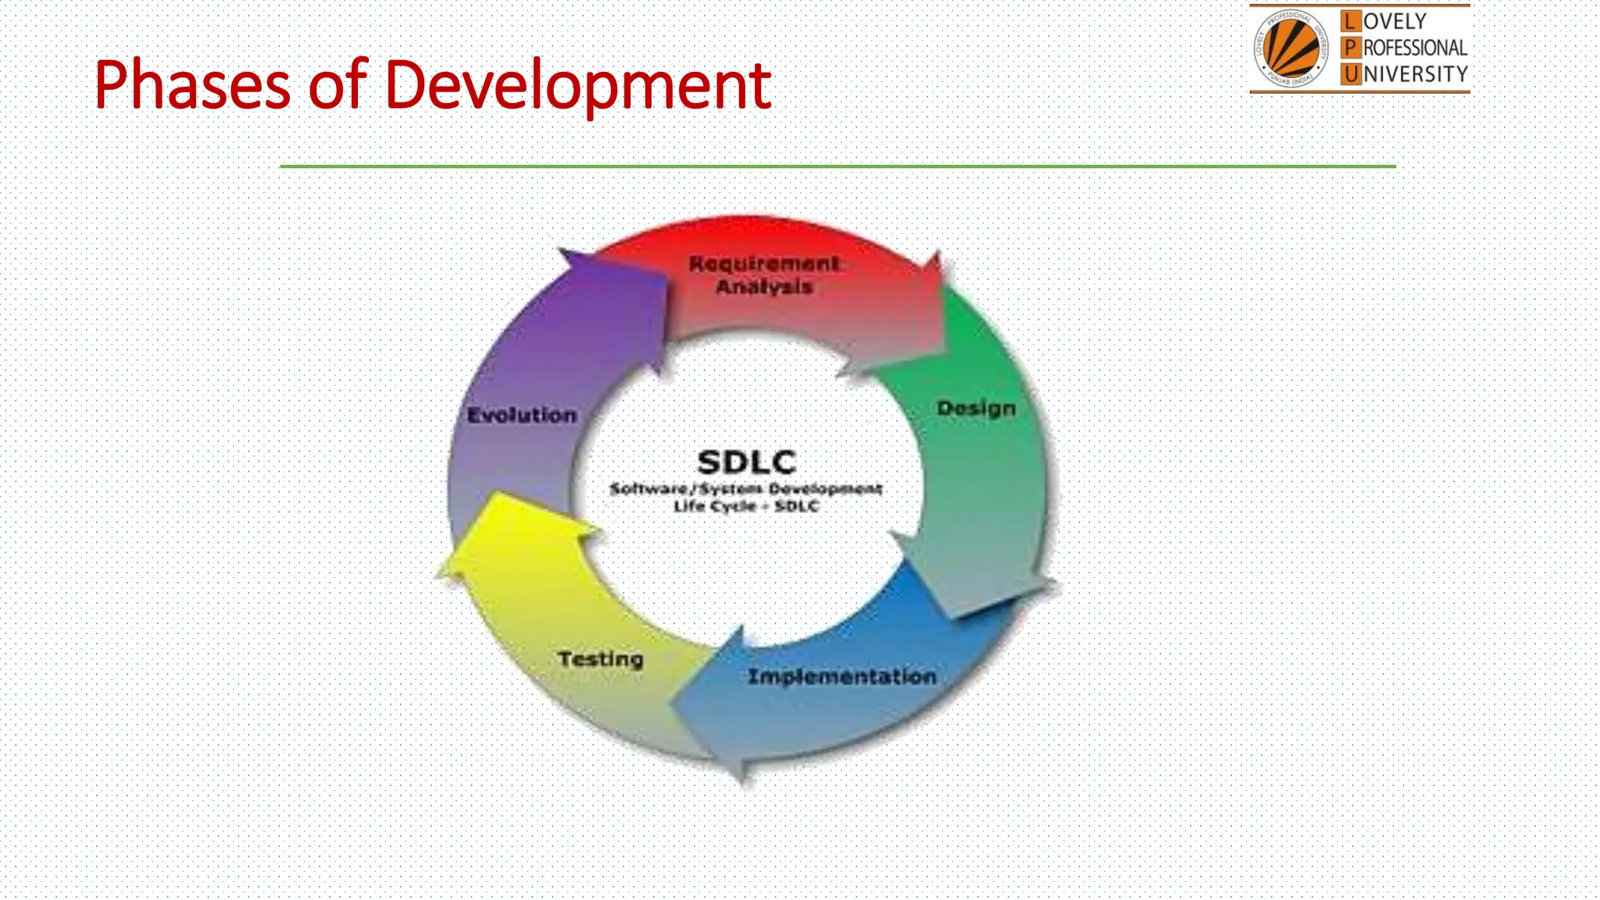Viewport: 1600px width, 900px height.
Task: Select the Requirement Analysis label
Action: pyautogui.click(x=764, y=275)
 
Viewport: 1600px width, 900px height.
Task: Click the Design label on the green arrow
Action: pyautogui.click(x=976, y=409)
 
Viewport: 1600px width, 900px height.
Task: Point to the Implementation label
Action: pyautogui.click(x=841, y=677)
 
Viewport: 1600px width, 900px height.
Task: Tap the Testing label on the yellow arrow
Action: pyautogui.click(x=600, y=659)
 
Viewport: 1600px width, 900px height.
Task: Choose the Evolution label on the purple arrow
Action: pyautogui.click(x=522, y=416)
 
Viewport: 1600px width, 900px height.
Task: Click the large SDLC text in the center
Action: pyautogui.click(x=746, y=462)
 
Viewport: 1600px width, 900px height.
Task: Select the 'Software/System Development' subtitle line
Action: pyautogui.click(x=746, y=489)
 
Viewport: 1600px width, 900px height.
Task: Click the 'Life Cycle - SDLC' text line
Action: pyautogui.click(x=746, y=506)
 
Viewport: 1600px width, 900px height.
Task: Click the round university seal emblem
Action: pyautogui.click(x=1291, y=48)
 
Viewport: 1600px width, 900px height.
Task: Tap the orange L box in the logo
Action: pyautogui.click(x=1350, y=21)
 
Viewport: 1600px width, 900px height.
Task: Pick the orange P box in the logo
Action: pyautogui.click(x=1350, y=48)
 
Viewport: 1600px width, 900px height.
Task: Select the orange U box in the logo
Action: pyautogui.click(x=1350, y=74)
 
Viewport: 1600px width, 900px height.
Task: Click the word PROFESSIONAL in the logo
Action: pyautogui.click(x=1415, y=48)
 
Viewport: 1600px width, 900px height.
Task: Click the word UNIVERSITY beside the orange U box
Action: pyautogui.click(x=1415, y=74)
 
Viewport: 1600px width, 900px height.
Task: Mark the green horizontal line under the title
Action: pyautogui.click(x=837, y=166)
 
